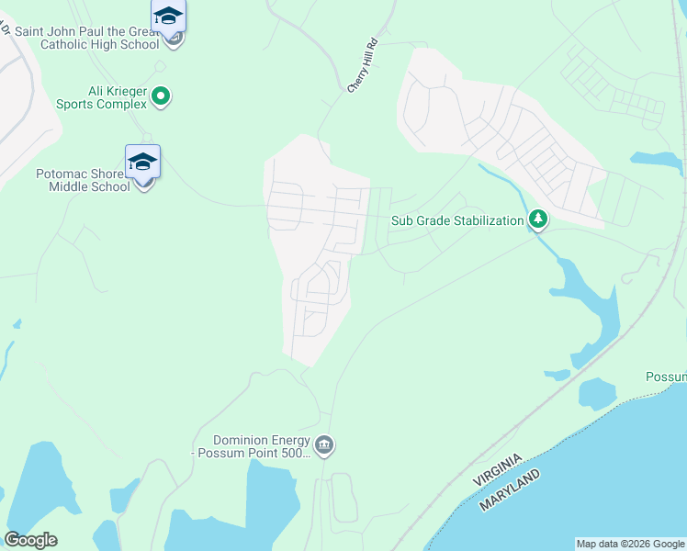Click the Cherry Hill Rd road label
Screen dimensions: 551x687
pos(363,64)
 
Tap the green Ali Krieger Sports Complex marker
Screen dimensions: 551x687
pos(162,96)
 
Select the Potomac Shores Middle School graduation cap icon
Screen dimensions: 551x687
pos(142,162)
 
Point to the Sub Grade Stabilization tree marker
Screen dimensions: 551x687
pos(538,219)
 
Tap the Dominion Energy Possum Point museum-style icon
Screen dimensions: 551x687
pos(324,446)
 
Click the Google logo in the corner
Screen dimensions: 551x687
pos(30,540)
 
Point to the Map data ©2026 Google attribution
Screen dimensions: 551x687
pos(630,544)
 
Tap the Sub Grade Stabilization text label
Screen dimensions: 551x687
pos(456,220)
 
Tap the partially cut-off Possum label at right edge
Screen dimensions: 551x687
pos(666,377)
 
